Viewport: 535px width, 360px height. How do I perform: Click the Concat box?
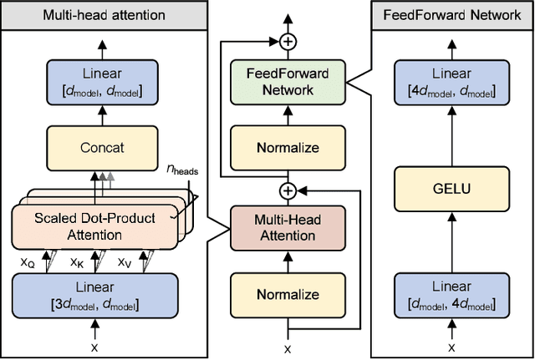click(x=103, y=148)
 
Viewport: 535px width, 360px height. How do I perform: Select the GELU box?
click(x=451, y=188)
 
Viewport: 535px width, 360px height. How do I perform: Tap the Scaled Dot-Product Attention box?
click(x=94, y=226)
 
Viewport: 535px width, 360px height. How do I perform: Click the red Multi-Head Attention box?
click(x=288, y=227)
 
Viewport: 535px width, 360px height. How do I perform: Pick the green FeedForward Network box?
click(x=288, y=82)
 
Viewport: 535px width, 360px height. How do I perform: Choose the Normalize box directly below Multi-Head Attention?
click(x=288, y=294)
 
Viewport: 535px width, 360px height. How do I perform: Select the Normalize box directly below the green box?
click(x=288, y=149)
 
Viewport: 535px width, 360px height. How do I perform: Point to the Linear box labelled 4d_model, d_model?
click(x=451, y=82)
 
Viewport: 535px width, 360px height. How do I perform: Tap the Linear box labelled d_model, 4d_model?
click(x=451, y=294)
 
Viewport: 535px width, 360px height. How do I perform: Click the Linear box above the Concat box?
click(x=102, y=82)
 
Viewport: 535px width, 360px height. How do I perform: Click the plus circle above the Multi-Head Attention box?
click(x=288, y=190)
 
